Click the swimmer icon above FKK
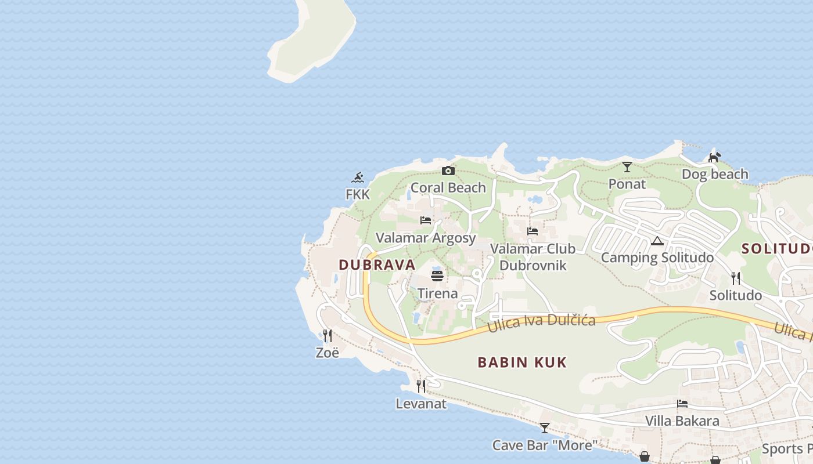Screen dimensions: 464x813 pyautogui.click(x=358, y=177)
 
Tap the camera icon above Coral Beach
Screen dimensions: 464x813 pyautogui.click(x=448, y=171)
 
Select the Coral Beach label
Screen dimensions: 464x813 pyautogui.click(x=448, y=187)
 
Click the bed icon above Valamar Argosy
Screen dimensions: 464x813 pyautogui.click(x=426, y=220)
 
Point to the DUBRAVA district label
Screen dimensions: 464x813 pyautogui.click(x=377, y=264)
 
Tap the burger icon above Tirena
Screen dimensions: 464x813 pyautogui.click(x=437, y=275)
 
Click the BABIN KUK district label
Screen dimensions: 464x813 pyautogui.click(x=522, y=362)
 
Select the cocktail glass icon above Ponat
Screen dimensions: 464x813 pyautogui.click(x=627, y=167)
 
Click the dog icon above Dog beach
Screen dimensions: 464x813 pyautogui.click(x=714, y=157)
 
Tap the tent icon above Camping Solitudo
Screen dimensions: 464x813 pyautogui.click(x=657, y=241)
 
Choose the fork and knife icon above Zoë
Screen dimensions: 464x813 pyautogui.click(x=327, y=335)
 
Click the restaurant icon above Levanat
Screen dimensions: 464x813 pyautogui.click(x=421, y=386)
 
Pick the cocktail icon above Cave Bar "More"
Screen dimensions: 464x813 pyautogui.click(x=544, y=428)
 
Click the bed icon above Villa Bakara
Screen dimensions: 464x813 pyautogui.click(x=682, y=404)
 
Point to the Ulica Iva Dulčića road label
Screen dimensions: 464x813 pyautogui.click(x=541, y=322)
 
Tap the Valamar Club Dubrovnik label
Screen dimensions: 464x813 pyautogui.click(x=533, y=257)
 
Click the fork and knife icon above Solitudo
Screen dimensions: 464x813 pyautogui.click(x=735, y=278)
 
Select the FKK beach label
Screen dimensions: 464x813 pyautogui.click(x=358, y=194)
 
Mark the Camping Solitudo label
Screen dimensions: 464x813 pyautogui.click(x=657, y=258)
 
